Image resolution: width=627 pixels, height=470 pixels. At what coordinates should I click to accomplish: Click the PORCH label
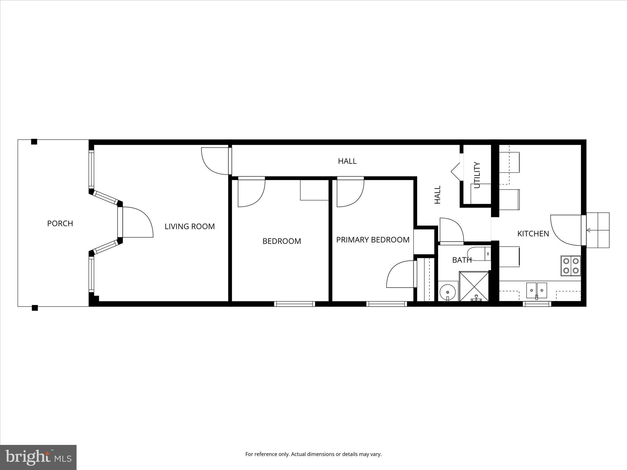(x=60, y=223)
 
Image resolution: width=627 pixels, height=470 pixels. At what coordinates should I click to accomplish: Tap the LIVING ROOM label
(x=190, y=226)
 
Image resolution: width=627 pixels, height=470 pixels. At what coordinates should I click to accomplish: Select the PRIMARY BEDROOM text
(x=373, y=240)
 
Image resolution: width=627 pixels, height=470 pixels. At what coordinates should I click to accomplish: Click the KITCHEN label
(x=533, y=234)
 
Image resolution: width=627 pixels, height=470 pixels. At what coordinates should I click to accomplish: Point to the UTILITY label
(x=477, y=175)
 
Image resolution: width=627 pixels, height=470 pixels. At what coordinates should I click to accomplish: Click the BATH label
(x=462, y=260)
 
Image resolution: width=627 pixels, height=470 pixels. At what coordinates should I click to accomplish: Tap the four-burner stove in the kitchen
(x=571, y=266)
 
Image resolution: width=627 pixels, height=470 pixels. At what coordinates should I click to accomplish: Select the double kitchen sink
(x=537, y=290)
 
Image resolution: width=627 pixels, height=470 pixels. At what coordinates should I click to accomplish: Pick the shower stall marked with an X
(x=474, y=286)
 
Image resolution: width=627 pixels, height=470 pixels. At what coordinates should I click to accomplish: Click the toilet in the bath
(x=479, y=254)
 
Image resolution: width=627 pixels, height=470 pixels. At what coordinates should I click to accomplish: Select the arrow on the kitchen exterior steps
(x=588, y=230)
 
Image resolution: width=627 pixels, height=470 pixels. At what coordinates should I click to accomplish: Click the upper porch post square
(x=34, y=142)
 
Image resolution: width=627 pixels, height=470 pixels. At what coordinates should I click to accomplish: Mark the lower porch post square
(x=35, y=308)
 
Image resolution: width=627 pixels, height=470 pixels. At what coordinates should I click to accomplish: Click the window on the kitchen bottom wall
(x=537, y=304)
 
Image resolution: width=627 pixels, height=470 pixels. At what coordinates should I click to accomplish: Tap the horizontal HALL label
(x=347, y=161)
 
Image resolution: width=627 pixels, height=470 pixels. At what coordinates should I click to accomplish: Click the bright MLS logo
(x=38, y=457)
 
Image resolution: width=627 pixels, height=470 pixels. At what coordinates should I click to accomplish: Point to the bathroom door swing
(x=451, y=229)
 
